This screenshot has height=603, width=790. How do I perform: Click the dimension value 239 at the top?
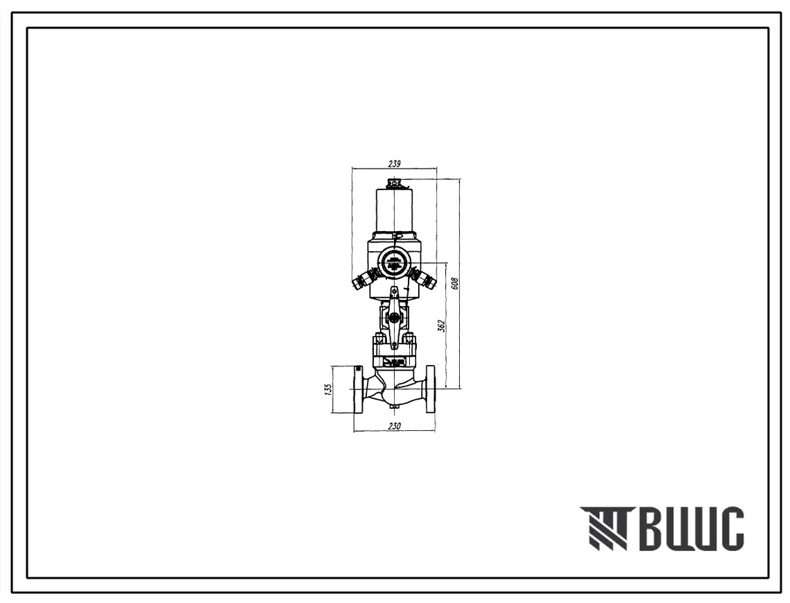point(394,163)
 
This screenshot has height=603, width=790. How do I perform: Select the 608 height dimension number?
point(454,283)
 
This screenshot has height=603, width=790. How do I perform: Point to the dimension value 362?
point(441,326)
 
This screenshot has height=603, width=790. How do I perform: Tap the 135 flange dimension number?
point(328,390)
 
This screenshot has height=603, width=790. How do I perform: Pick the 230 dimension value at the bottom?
point(395,426)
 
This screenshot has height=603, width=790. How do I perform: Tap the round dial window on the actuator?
point(394,262)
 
